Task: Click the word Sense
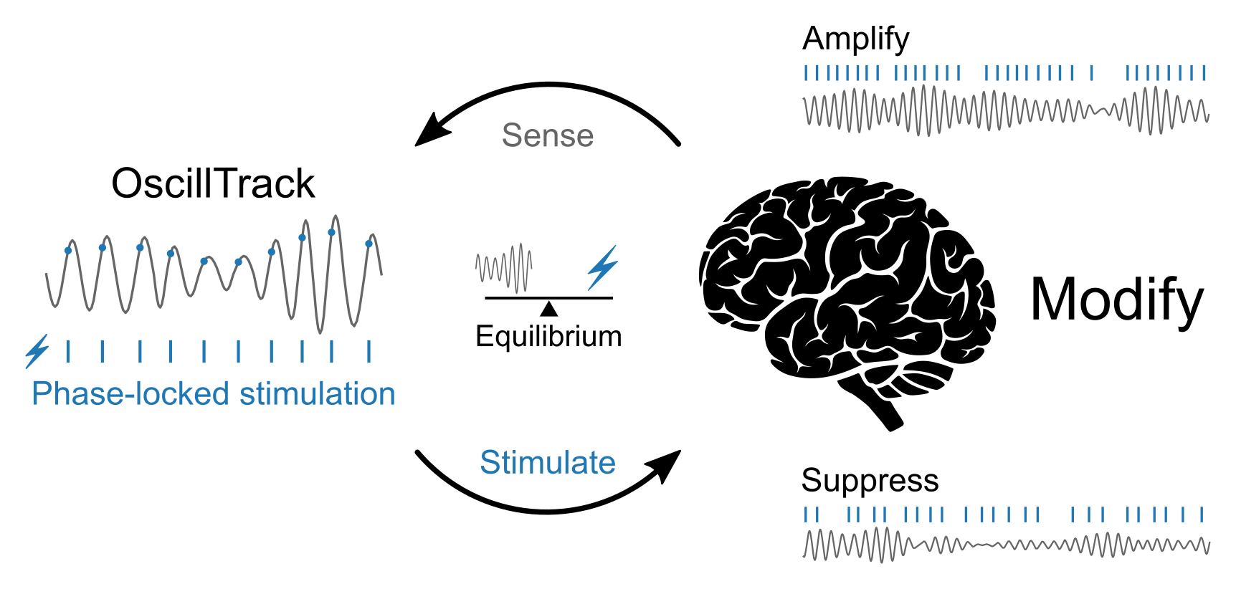tap(548, 135)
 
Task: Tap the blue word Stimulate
tap(548, 463)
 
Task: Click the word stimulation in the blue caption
tap(317, 394)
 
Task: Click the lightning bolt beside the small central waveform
tap(602, 267)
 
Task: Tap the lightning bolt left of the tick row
tap(37, 350)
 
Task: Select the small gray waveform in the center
tap(504, 268)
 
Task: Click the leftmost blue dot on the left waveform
tap(68, 250)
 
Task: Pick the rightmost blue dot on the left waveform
tap(369, 244)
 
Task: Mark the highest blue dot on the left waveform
tap(331, 232)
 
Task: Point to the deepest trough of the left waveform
tap(320, 332)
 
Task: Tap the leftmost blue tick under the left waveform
tap(68, 351)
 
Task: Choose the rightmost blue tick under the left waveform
tap(369, 351)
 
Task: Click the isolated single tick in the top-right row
tap(1091, 72)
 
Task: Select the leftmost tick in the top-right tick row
tap(807, 72)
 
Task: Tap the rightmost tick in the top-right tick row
tap(1204, 72)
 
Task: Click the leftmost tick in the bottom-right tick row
tap(807, 514)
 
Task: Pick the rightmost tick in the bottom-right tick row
tap(1202, 514)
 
